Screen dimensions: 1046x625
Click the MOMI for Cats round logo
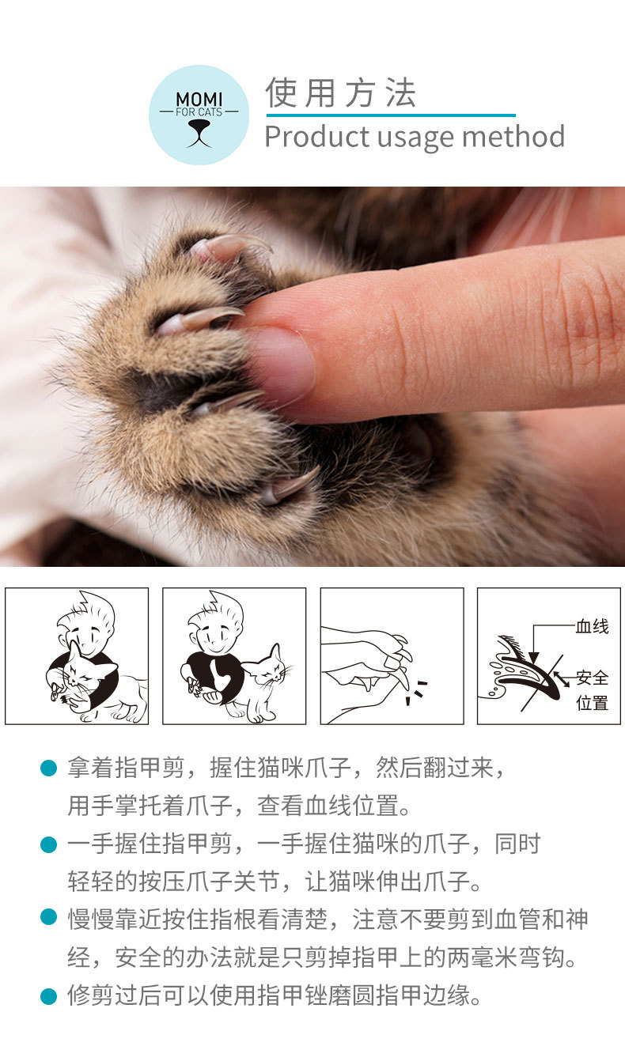199,115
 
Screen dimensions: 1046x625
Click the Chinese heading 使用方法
341,93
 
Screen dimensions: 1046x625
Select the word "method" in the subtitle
513,137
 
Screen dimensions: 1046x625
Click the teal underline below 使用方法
390,115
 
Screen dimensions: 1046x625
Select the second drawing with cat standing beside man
234,656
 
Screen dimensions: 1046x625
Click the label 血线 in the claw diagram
592,627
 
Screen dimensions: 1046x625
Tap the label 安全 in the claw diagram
592,678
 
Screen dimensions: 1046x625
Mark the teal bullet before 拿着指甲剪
49,768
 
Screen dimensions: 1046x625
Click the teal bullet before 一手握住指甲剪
49,844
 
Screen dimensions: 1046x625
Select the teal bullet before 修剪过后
49,995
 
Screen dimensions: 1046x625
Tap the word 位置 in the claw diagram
592,703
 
